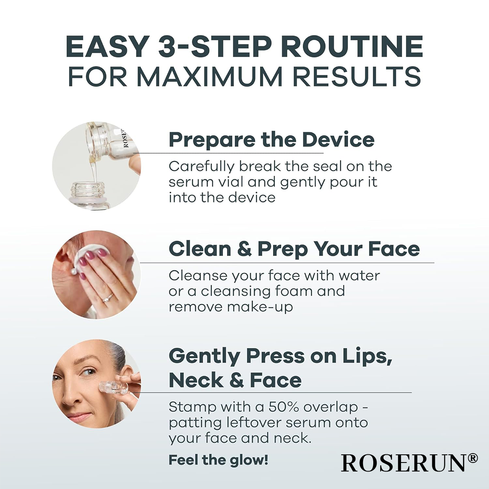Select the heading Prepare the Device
tap(271, 140)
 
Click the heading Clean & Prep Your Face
tap(294, 249)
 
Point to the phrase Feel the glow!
tap(218, 460)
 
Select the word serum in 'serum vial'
tap(187, 182)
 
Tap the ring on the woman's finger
tap(107, 298)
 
